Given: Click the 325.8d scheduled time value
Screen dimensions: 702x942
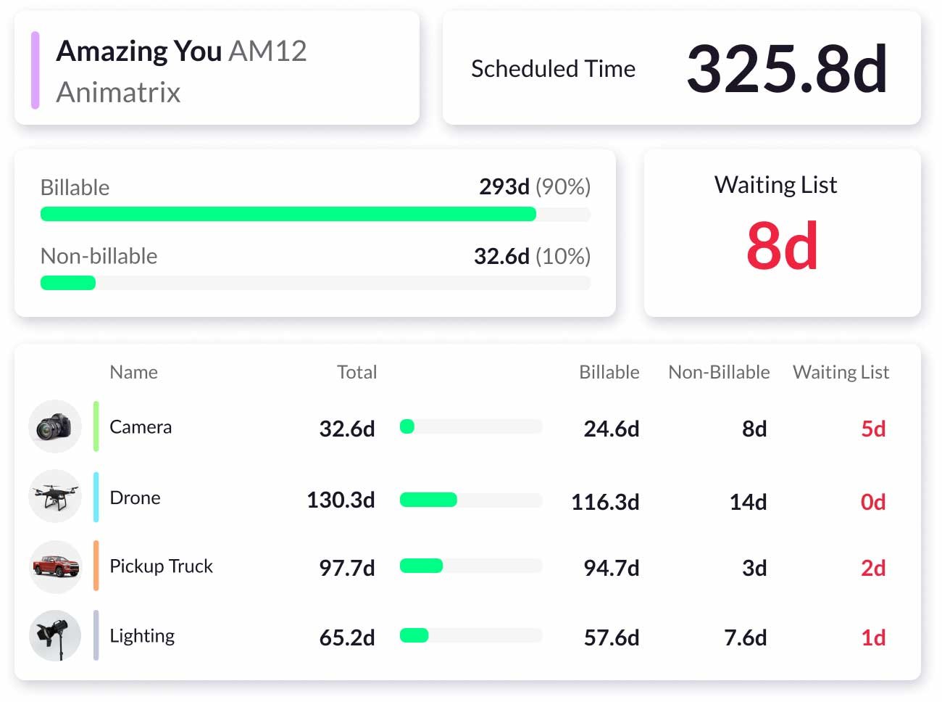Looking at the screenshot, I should (x=786, y=69).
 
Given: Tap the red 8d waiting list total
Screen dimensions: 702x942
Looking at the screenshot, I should (x=782, y=246).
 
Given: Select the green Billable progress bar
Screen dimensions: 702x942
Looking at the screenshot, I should (x=288, y=214).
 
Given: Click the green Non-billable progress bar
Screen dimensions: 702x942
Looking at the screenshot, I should (x=68, y=283).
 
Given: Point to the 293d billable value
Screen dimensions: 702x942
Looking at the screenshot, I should (x=504, y=187).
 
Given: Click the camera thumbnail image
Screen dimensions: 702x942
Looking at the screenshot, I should (x=55, y=426).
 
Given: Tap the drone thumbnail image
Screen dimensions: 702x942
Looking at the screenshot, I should (x=55, y=497).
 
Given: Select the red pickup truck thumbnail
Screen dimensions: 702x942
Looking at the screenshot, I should (x=55, y=566).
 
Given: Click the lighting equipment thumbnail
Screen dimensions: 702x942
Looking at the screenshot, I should (x=55, y=636).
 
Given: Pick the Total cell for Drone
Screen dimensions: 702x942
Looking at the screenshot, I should (x=341, y=500).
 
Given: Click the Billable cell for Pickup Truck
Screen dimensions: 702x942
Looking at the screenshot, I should (x=611, y=568).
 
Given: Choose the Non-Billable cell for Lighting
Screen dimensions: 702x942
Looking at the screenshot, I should (x=745, y=637).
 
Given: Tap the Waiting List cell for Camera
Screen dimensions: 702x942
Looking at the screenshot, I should (x=873, y=429).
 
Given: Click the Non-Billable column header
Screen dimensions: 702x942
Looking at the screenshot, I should (x=719, y=372).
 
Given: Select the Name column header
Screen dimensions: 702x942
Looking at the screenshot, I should (x=133, y=372).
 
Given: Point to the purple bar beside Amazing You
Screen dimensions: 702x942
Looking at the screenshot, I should (x=35, y=70).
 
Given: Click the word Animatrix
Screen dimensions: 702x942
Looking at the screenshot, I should (x=118, y=92).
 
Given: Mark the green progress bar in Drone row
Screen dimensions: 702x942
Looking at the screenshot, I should (x=428, y=500).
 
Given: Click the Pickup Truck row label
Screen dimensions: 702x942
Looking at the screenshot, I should (x=161, y=566).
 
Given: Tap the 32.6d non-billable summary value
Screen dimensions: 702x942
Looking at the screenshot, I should (x=501, y=256).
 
